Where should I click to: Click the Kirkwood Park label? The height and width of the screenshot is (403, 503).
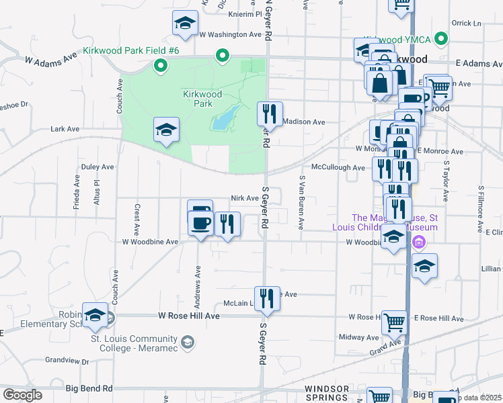pos(202,99)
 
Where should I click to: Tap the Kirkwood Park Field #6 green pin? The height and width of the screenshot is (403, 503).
pos(160,65)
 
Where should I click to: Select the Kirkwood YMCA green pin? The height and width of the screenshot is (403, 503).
pos(440,38)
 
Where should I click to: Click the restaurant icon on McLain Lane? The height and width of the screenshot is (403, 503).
pos(267,297)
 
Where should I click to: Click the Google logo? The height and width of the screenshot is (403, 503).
pos(22,395)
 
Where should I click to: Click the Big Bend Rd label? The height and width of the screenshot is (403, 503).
pos(89,388)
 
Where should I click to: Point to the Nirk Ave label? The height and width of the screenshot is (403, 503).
pos(244,198)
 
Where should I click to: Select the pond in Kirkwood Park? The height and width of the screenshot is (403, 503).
pos(226,118)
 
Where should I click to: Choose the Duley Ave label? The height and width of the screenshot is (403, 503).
pos(98,167)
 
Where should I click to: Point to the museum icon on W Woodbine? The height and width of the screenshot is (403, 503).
pos(419,242)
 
